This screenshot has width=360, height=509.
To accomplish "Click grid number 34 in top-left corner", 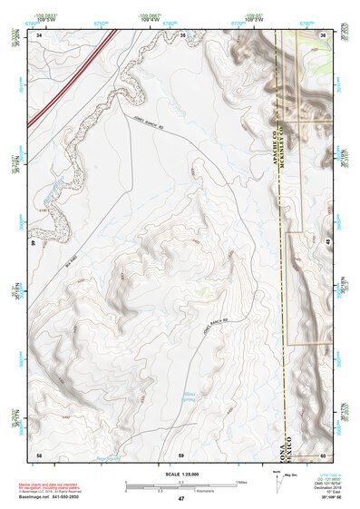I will [39, 34].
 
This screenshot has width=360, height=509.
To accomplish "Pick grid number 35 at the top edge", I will [181, 34].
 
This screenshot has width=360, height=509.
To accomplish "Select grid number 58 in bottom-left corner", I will [39, 454].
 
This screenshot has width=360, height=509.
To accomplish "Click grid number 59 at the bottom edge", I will [181, 454].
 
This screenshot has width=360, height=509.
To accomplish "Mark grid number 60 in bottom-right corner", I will [323, 454].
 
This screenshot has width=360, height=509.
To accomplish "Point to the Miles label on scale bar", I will [241, 481].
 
